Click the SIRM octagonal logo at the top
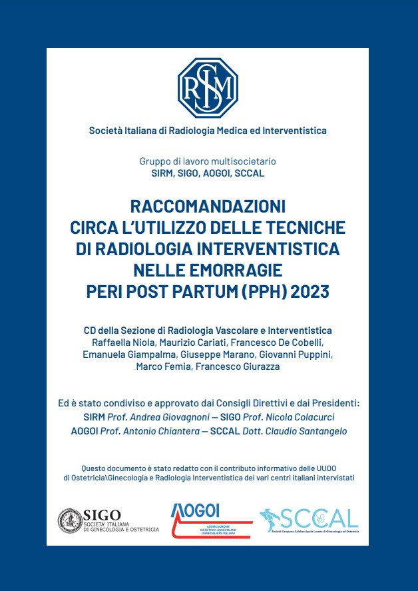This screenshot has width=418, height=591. pyautogui.click(x=208, y=88)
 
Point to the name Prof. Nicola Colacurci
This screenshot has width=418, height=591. pyautogui.click(x=292, y=416)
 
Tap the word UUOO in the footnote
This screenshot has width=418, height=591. pyautogui.click(x=341, y=467)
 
